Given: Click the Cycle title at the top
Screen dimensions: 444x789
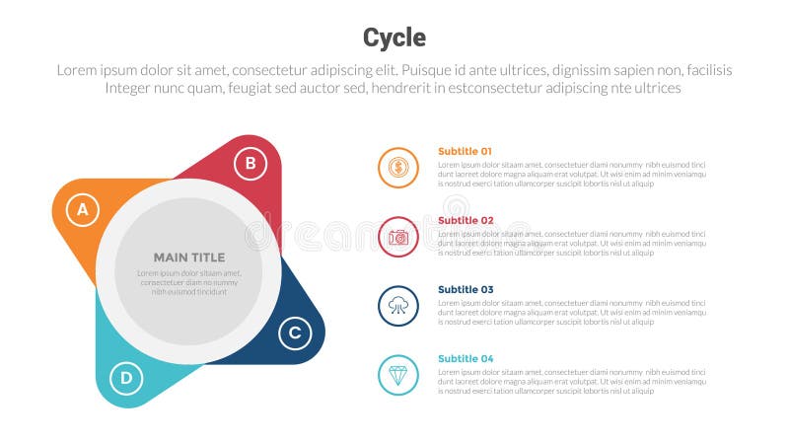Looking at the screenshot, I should tap(394, 37).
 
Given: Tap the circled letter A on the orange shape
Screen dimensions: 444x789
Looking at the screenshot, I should tap(83, 209).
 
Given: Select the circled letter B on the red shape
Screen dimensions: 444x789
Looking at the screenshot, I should tap(251, 163).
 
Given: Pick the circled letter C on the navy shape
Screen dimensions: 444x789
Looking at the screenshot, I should tap(294, 333).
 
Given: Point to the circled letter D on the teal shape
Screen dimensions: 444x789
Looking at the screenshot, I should tap(125, 377).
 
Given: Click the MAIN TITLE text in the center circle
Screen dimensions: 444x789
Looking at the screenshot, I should tap(189, 258).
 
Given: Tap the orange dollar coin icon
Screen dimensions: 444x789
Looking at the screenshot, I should tap(398, 168).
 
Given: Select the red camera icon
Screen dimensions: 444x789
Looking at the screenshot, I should tap(398, 237).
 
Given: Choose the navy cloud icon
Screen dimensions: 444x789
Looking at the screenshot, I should tap(398, 306).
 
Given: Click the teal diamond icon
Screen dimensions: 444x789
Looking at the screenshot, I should tap(398, 375).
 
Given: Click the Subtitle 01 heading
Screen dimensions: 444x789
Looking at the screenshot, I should tap(465, 151).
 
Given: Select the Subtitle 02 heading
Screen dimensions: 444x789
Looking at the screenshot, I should tap(465, 220).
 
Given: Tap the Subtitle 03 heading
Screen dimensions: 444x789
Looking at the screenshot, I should tap(465, 289).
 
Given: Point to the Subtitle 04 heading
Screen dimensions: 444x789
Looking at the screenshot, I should tap(465, 358).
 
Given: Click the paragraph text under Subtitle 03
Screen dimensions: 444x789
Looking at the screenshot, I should tap(572, 312).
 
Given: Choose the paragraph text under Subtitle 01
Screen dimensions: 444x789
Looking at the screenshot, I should tap(572, 174).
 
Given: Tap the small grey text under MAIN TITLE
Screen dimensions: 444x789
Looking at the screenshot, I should tap(189, 282).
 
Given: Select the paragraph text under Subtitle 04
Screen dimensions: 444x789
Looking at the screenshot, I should tap(572, 381).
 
